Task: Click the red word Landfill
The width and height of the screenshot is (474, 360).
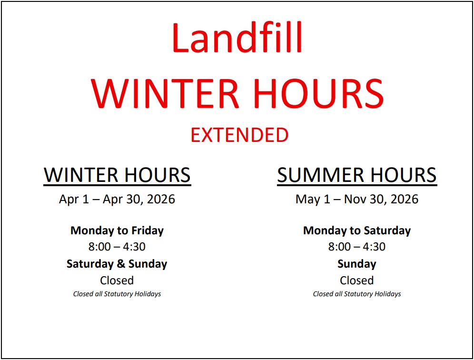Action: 237,38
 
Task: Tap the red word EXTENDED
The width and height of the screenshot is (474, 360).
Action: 239,135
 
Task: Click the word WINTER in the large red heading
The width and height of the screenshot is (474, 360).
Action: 165,93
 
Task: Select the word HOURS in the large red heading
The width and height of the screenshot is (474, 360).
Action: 318,93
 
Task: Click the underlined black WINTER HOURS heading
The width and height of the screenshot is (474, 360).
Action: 117,175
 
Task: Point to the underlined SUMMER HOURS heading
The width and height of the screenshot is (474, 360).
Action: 357,175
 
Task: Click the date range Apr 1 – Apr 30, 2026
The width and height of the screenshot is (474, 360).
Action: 117,200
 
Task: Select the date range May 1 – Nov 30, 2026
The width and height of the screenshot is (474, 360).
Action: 357,200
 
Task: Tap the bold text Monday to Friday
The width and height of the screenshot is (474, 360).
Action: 117,230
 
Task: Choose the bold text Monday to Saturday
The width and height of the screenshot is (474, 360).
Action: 357,230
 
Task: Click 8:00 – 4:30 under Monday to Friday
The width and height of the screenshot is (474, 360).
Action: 117,247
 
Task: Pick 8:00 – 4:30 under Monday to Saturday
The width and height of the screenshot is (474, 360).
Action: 357,247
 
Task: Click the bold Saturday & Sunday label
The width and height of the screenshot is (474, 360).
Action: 117,264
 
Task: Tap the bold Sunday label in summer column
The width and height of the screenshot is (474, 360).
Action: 357,264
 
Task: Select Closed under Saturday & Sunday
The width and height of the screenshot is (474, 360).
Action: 117,280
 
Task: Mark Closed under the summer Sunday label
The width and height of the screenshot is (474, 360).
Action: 357,280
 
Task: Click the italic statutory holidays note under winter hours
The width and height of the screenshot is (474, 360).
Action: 117,294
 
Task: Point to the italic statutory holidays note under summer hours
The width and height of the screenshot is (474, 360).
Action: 357,294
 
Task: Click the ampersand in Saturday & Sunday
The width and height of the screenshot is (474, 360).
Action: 121,264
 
